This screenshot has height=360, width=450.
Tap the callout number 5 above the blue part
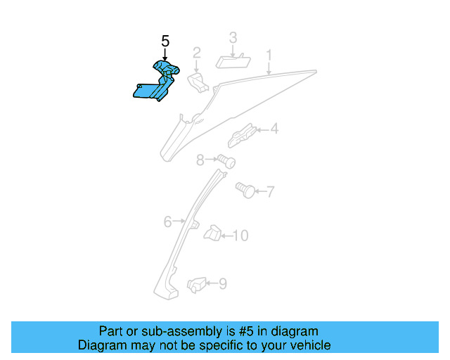click(165, 41)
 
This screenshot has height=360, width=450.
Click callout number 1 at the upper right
click(268, 54)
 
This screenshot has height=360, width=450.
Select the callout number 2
click(197, 52)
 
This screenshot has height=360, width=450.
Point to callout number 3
click(233, 37)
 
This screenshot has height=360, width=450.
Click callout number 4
click(274, 129)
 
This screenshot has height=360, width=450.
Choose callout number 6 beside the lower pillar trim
click(168, 222)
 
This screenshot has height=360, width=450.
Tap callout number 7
click(270, 191)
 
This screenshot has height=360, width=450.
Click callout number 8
click(200, 161)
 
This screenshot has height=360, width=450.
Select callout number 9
click(222, 284)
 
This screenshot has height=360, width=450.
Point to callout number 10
click(240, 236)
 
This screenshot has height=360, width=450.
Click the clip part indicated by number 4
click(241, 133)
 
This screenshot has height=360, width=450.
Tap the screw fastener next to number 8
click(225, 162)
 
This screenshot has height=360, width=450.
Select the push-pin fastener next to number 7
click(245, 190)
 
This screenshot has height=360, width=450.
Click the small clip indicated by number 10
click(212, 233)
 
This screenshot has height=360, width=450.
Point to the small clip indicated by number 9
click(196, 285)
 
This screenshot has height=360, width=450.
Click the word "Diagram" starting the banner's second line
click(102, 345)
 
